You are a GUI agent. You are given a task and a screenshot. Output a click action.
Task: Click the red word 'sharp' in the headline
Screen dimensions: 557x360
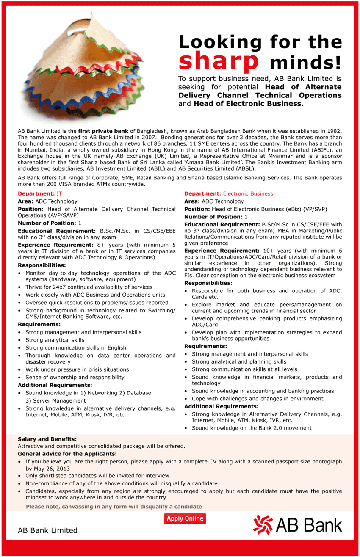[x=219, y=62]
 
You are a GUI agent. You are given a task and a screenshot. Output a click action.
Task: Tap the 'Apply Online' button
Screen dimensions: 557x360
[x=185, y=518]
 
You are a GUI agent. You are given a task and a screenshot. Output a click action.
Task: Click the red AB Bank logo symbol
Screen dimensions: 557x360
[x=263, y=525]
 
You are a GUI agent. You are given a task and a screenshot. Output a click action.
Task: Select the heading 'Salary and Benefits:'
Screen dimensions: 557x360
[x=47, y=439]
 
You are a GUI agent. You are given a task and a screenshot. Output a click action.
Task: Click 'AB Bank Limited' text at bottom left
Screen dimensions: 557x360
[x=47, y=530]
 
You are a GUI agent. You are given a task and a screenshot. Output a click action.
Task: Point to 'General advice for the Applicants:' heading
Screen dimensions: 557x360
[x=67, y=454]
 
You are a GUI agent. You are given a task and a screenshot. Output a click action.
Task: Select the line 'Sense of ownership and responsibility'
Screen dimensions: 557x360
[x=75, y=377]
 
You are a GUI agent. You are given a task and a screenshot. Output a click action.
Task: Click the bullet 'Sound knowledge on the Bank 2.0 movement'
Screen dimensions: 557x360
[x=252, y=428]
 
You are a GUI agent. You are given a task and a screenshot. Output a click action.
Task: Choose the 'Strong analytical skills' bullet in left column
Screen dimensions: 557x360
[x=55, y=340]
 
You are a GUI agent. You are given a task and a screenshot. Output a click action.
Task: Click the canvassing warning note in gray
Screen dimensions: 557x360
[x=114, y=506]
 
